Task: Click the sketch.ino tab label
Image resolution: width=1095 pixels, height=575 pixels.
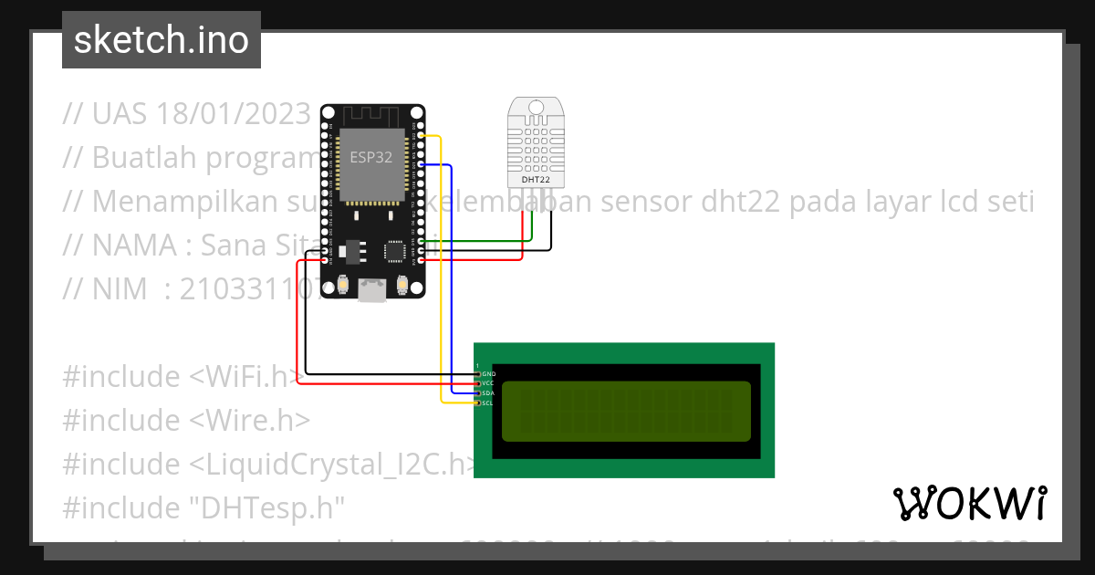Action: [x=162, y=40]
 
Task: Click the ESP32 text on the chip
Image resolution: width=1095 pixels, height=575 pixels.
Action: [x=371, y=157]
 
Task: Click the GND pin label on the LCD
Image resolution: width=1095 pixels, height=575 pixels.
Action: [x=489, y=374]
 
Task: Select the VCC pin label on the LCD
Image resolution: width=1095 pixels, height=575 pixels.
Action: [x=488, y=383]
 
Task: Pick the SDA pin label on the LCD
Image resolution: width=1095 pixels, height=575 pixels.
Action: [x=488, y=392]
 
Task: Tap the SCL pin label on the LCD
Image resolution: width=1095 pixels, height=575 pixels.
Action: [x=488, y=402]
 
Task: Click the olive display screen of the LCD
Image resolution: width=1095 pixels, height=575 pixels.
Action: [x=626, y=410]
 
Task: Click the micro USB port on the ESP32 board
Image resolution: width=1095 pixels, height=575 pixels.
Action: [x=371, y=289]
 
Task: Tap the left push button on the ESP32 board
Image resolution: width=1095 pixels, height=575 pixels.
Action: [x=343, y=286]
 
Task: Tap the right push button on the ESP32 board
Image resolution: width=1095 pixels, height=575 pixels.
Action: [x=401, y=286]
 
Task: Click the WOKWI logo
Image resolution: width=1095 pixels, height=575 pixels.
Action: [x=969, y=503]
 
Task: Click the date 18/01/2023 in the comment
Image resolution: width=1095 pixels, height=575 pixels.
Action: [x=234, y=113]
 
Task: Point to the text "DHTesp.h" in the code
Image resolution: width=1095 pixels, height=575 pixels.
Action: [x=270, y=507]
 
